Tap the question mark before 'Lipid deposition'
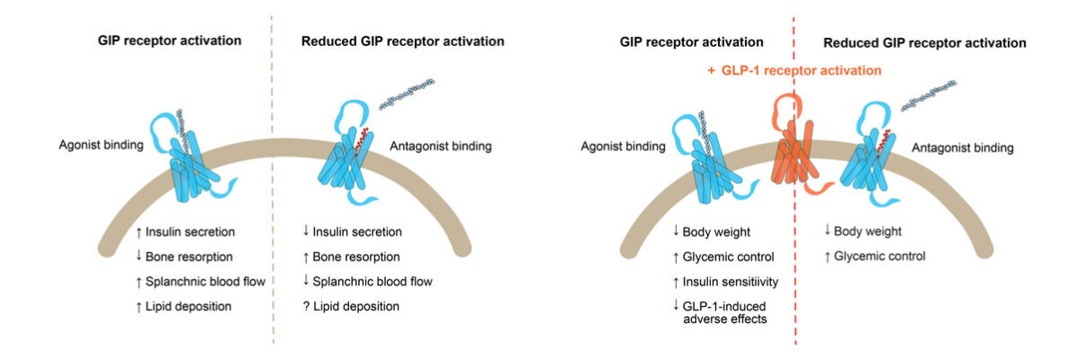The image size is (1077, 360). (x=307, y=306)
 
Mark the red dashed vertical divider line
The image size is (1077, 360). (x=794, y=270)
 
